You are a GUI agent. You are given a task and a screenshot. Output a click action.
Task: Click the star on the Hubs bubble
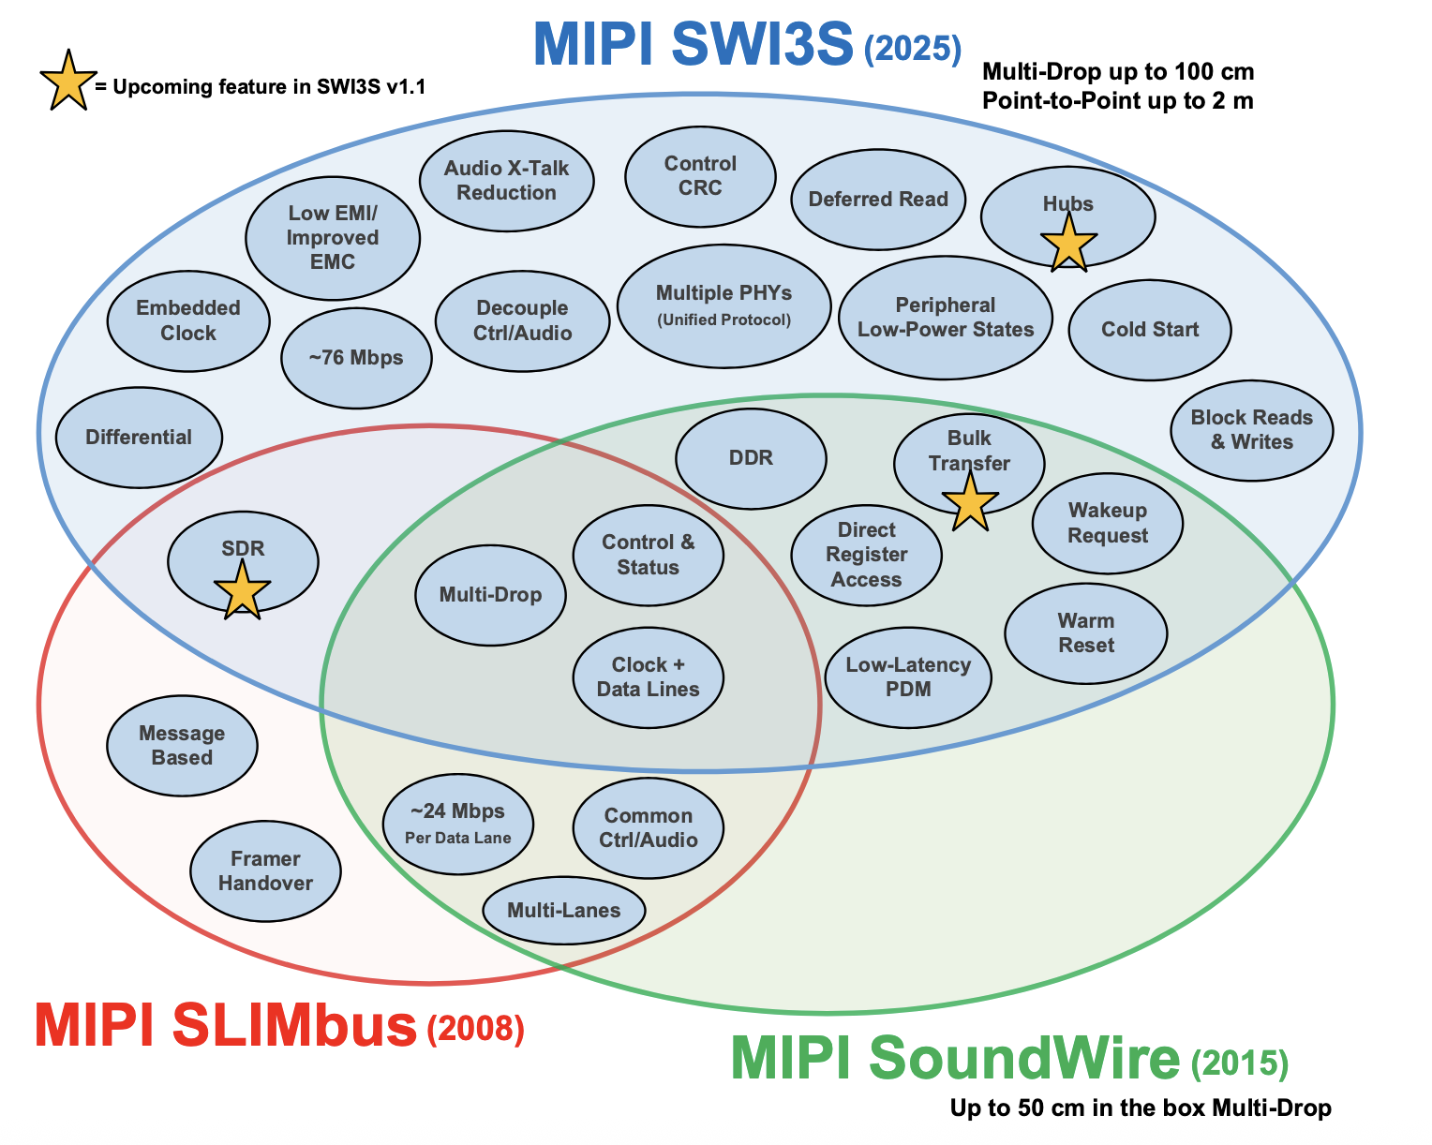[x=1068, y=243]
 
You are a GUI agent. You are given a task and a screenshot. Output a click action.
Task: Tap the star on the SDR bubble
[x=242, y=590]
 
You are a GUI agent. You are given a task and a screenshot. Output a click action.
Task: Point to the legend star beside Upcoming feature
[x=67, y=81]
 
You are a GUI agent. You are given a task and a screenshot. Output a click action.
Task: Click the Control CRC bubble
[x=700, y=176]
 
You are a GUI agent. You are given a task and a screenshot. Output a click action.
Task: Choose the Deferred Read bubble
[x=878, y=200]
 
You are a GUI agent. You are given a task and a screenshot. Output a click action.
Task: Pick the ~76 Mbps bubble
[x=356, y=358]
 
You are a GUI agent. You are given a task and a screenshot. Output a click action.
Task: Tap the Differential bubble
[x=139, y=438]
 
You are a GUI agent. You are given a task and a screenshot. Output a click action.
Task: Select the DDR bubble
[x=751, y=458]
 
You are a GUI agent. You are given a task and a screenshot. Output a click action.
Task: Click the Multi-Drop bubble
[x=490, y=596]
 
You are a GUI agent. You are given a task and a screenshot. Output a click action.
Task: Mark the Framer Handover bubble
[x=265, y=871]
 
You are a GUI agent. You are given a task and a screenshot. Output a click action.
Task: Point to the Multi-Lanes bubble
[x=563, y=911]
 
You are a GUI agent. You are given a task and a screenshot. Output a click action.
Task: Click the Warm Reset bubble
[x=1085, y=633]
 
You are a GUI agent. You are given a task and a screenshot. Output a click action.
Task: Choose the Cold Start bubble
[x=1149, y=330]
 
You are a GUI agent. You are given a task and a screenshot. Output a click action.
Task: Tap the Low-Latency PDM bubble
[x=907, y=677]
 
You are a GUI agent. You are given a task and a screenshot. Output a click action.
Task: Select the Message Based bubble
[x=182, y=746]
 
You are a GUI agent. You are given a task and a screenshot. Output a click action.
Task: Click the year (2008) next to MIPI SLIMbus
[x=475, y=1030]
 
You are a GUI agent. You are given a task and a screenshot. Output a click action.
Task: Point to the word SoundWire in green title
[x=1024, y=1059]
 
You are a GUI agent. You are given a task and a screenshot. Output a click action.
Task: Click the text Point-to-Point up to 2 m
[x=1117, y=100]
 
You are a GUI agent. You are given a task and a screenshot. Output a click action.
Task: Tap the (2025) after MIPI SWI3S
[x=912, y=49]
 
